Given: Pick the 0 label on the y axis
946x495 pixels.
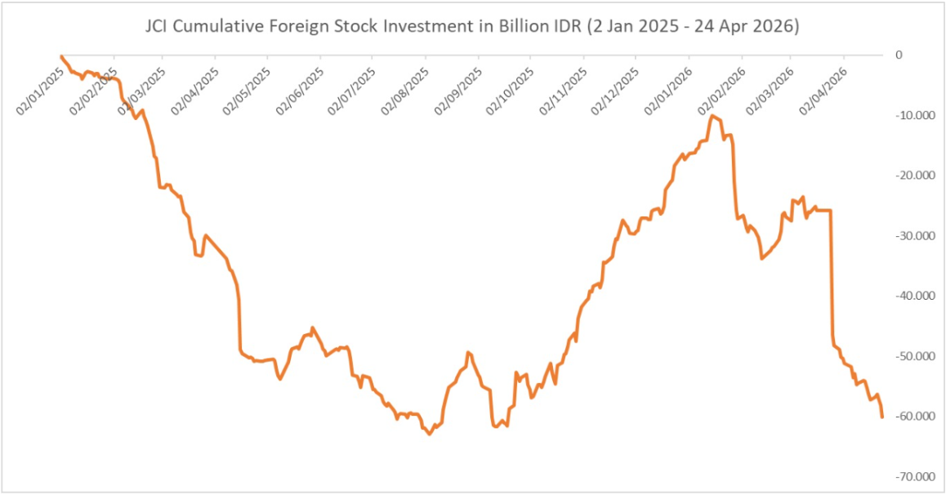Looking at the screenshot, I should [x=899, y=56].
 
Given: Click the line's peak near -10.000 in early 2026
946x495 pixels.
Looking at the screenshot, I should [x=713, y=116].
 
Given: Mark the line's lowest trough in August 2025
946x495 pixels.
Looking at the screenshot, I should [x=430, y=434].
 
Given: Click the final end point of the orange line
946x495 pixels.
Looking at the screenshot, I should [x=882, y=417].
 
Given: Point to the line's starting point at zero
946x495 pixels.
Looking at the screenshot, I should [x=61, y=56].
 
